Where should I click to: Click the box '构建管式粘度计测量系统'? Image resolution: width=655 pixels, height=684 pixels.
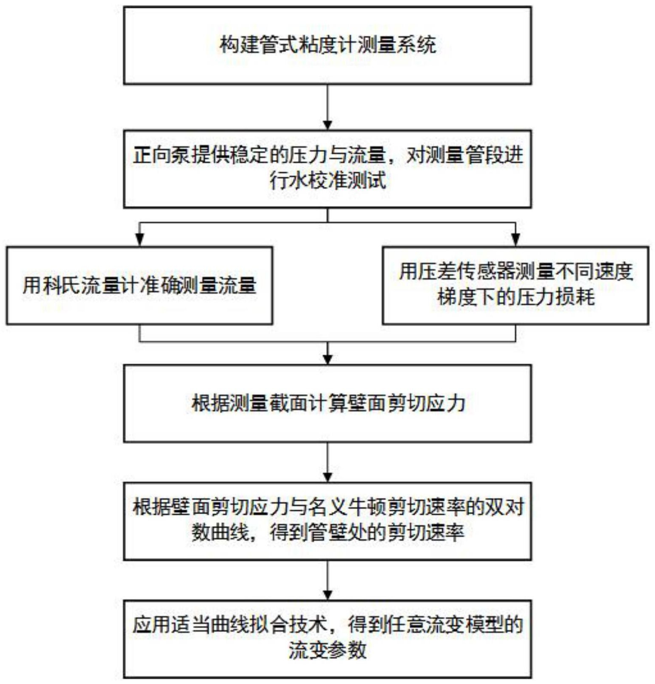[x=327, y=45]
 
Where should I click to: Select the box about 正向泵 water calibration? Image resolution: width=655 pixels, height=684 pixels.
[x=327, y=169]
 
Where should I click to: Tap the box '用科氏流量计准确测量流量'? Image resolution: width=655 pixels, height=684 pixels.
[x=139, y=286]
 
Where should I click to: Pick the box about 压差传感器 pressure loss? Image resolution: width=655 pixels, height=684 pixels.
[x=515, y=286]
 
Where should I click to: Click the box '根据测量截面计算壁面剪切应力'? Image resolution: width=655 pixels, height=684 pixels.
[x=327, y=403]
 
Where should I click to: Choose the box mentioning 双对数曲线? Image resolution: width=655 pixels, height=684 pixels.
[x=327, y=521]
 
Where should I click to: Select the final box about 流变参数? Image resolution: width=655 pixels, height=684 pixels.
[x=327, y=638]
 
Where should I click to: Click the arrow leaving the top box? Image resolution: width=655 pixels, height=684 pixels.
[x=327, y=106]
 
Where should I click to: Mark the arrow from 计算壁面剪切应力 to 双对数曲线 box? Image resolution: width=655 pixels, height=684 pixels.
[x=327, y=462]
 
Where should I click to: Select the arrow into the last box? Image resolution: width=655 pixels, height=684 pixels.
[x=327, y=580]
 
